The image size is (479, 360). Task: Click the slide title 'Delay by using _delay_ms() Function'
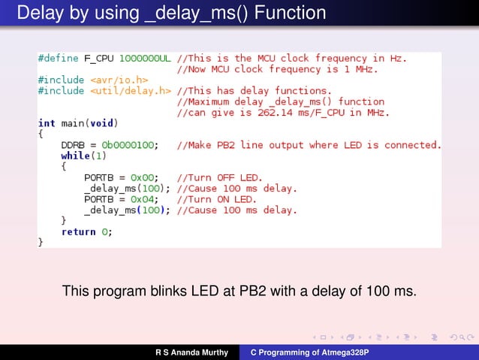click(171, 14)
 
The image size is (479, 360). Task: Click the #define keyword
click(59, 58)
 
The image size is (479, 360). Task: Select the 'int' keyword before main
click(47, 123)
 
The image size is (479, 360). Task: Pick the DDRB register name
click(73, 144)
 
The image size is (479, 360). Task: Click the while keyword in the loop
click(75, 156)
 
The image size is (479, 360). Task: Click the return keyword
click(78, 231)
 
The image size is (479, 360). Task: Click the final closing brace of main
click(41, 243)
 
